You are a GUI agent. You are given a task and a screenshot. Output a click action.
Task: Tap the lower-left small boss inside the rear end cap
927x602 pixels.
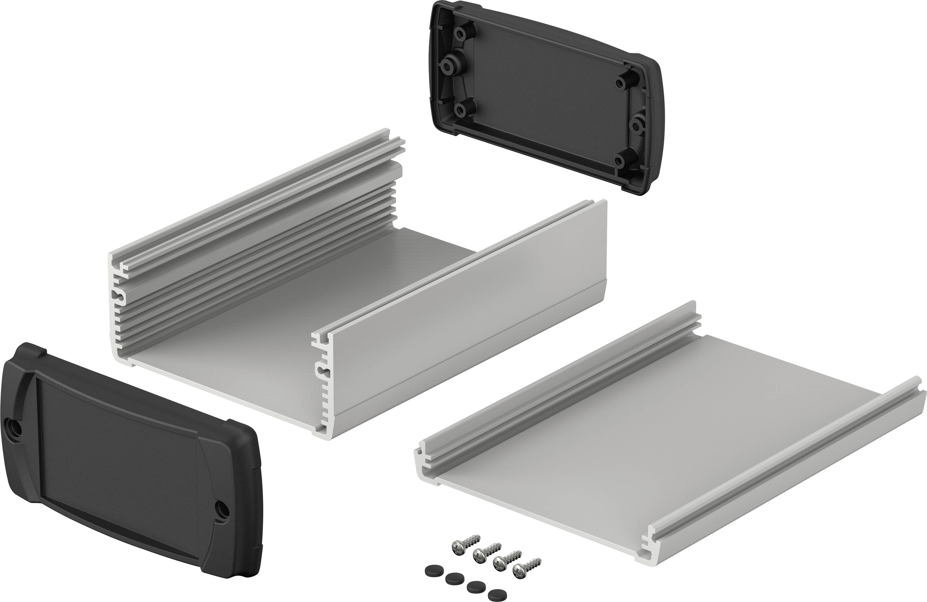click(462, 110)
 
